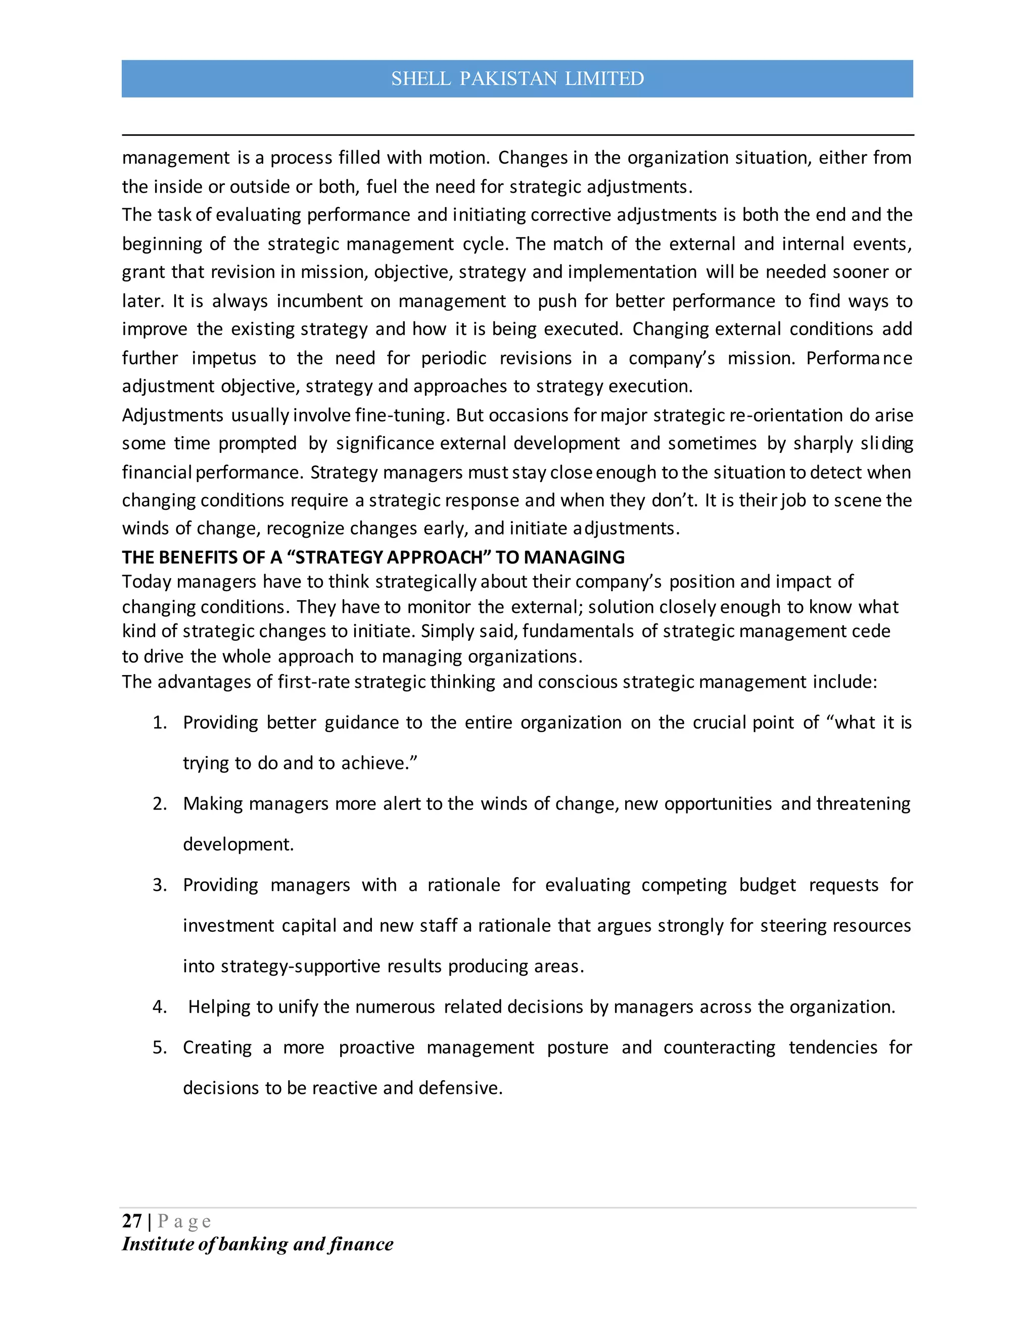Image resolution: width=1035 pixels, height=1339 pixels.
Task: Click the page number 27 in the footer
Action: click(x=132, y=1221)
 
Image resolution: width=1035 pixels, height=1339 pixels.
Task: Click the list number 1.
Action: click(x=159, y=722)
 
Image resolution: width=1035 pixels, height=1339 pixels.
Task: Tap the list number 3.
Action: click(x=159, y=885)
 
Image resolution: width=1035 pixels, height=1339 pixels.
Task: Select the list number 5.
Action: click(x=159, y=1047)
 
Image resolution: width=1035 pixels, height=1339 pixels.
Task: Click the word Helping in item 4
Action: click(x=219, y=1007)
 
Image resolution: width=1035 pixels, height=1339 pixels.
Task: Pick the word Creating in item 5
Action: click(x=217, y=1047)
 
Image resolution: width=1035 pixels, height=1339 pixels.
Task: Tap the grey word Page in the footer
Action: click(x=184, y=1221)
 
